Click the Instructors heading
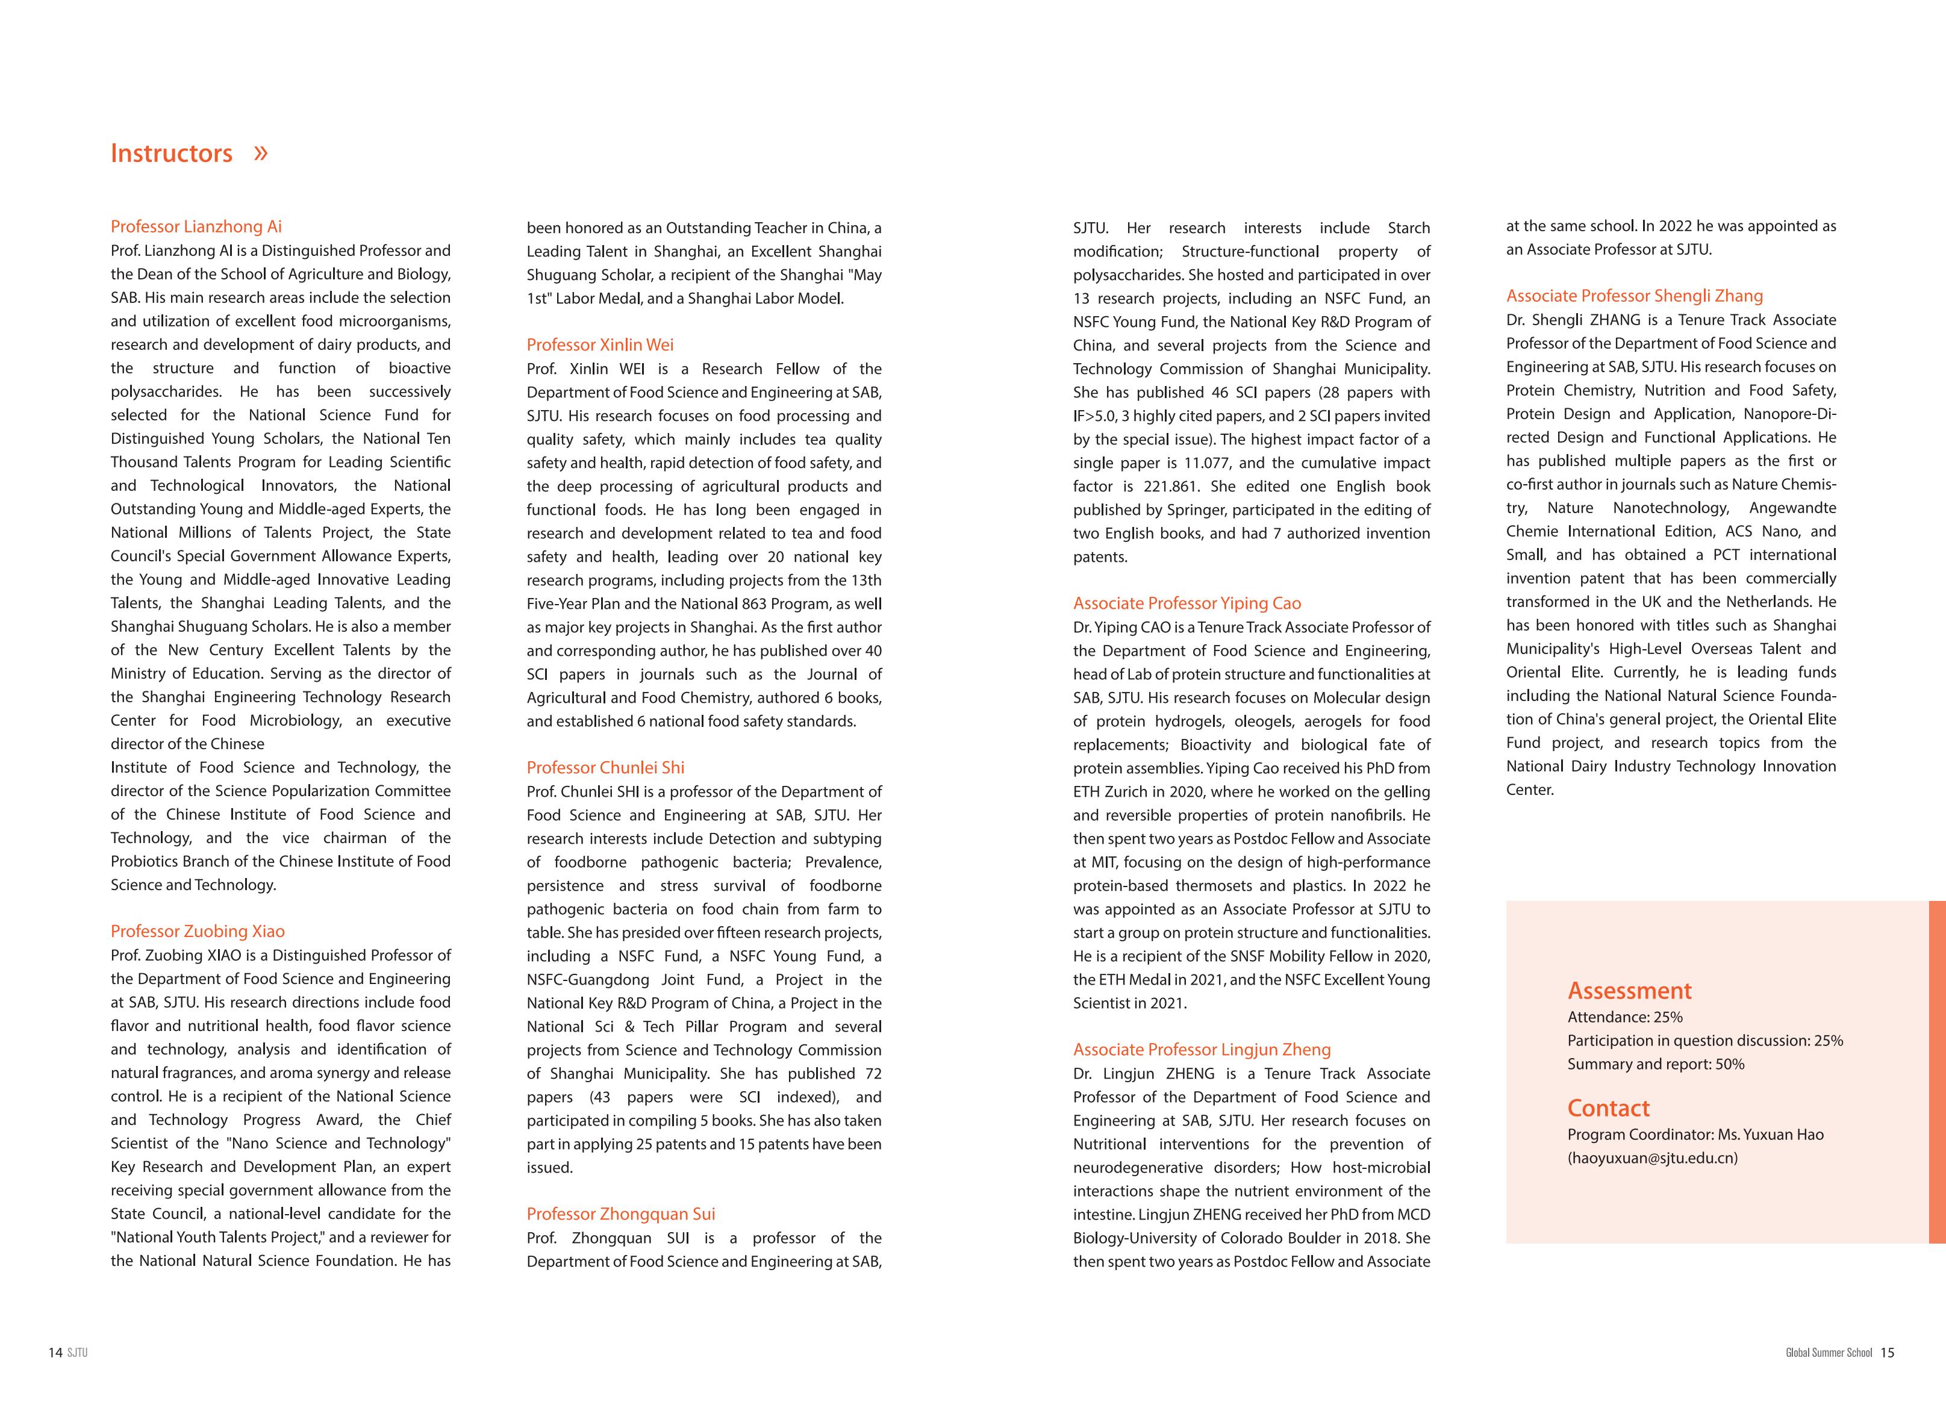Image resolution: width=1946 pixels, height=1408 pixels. (x=172, y=154)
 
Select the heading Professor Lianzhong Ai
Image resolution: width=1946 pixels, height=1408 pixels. (x=196, y=226)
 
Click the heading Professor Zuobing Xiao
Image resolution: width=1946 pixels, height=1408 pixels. (x=198, y=931)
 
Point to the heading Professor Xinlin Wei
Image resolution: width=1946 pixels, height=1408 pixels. (x=600, y=345)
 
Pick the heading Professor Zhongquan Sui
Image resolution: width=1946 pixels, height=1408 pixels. (x=620, y=1214)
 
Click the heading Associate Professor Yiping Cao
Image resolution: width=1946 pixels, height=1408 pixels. (x=1187, y=603)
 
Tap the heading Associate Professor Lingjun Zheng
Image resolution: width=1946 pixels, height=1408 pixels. (x=1201, y=1049)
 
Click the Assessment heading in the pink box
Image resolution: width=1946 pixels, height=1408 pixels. (x=1629, y=991)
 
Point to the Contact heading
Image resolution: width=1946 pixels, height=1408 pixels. (x=1608, y=1109)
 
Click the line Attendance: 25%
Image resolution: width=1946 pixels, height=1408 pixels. (x=1624, y=1018)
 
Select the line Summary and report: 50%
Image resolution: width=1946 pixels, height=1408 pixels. (x=1655, y=1065)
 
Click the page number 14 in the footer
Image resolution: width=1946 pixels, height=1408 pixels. (x=55, y=1353)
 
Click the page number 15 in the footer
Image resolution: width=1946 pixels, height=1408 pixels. (x=1887, y=1353)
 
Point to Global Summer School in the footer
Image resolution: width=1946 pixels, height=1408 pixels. (x=1829, y=1353)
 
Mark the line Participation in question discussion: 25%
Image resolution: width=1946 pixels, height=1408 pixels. (x=1705, y=1041)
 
